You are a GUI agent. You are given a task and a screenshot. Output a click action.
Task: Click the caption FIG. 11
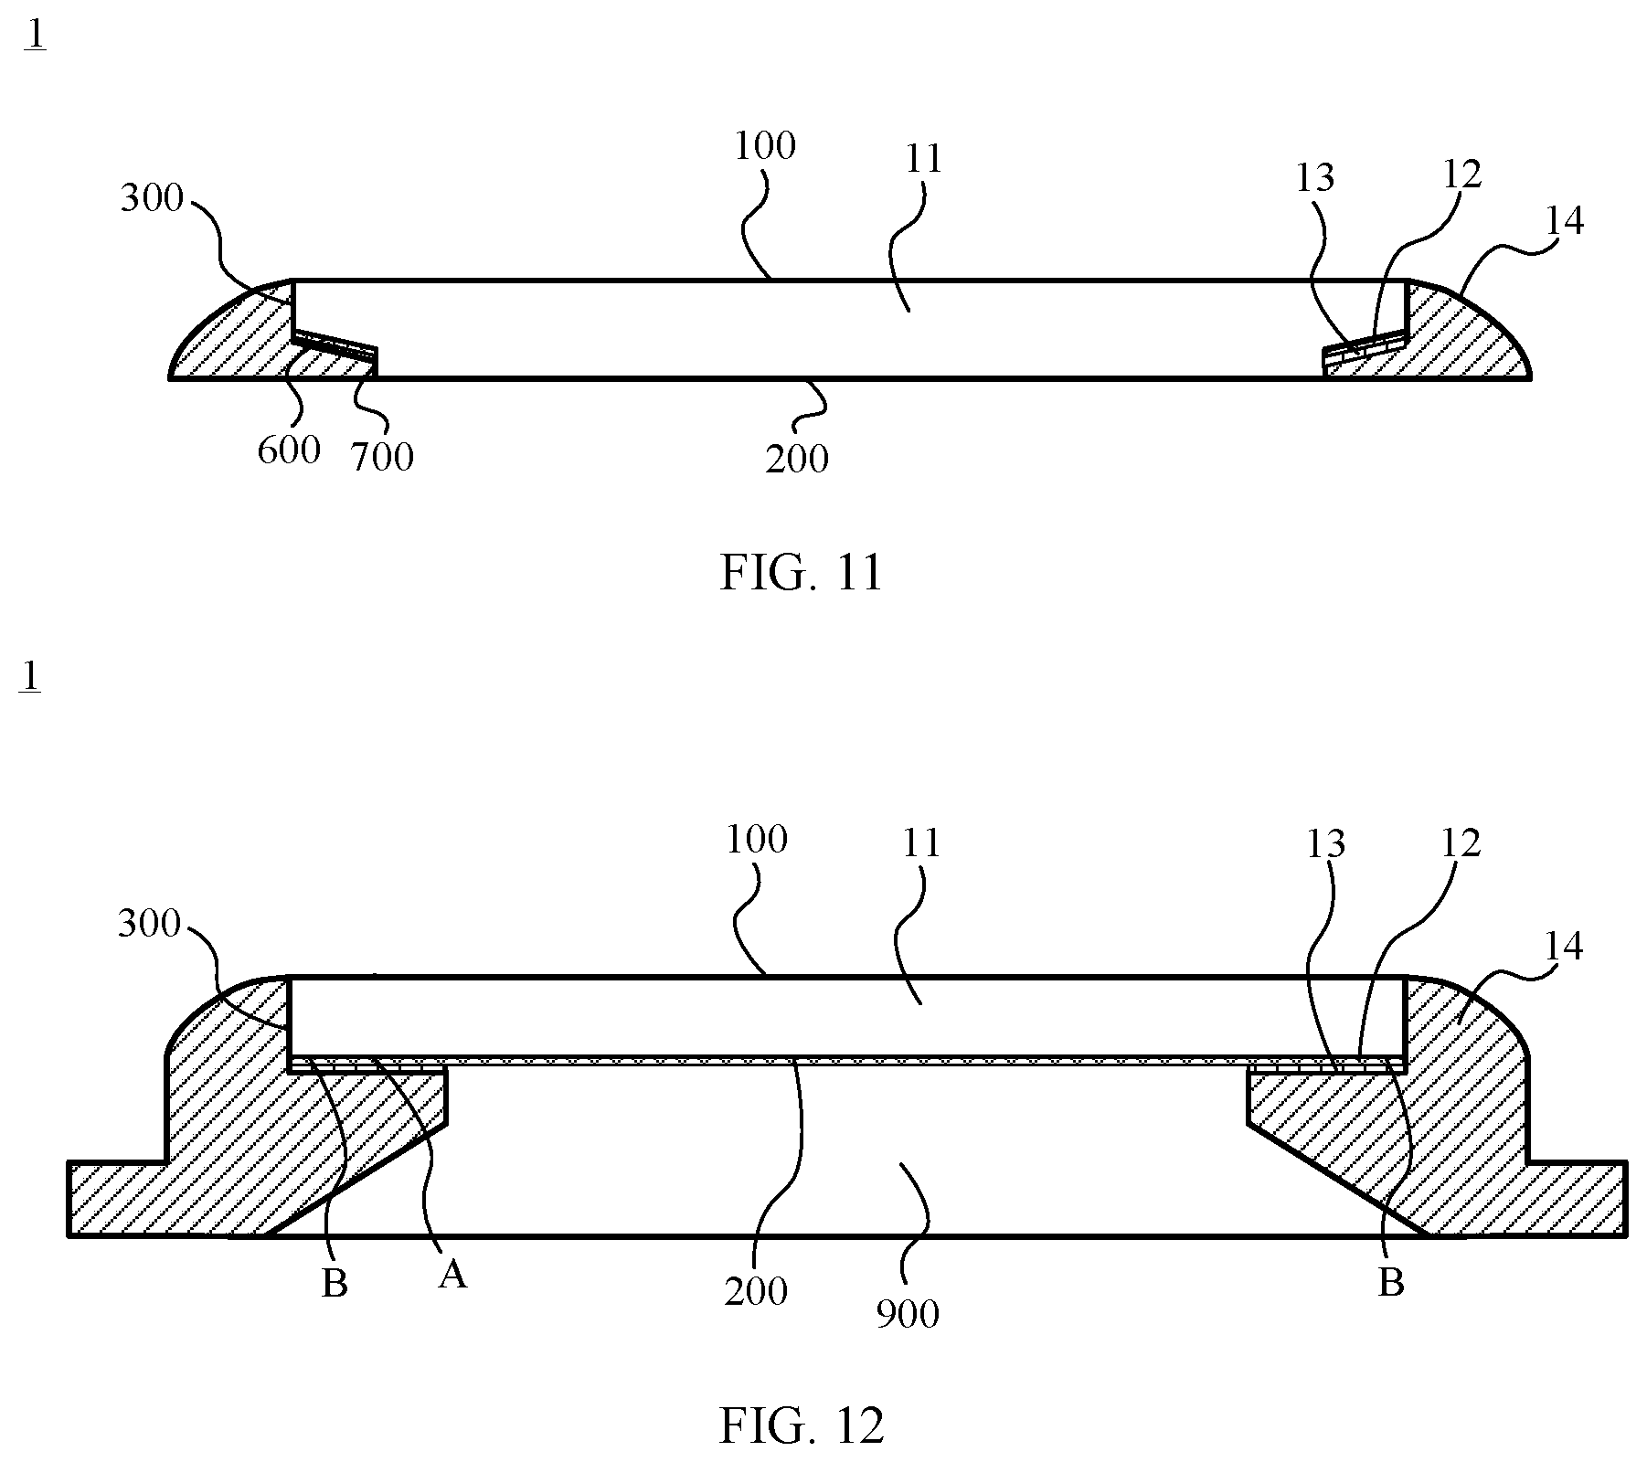pyautogui.click(x=801, y=573)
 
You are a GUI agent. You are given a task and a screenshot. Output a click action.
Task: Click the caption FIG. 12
pyautogui.click(x=802, y=1425)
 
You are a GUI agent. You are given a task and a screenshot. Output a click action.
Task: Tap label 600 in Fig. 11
pyautogui.click(x=289, y=450)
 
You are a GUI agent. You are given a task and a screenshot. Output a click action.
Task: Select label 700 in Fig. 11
pyautogui.click(x=382, y=455)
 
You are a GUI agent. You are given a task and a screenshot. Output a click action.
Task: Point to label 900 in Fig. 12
pyautogui.click(x=908, y=1314)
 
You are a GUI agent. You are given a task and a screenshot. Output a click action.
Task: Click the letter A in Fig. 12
pyautogui.click(x=452, y=1274)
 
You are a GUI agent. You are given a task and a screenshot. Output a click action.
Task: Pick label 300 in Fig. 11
pyautogui.click(x=153, y=197)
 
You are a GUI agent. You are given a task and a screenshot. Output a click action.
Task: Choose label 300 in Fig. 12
pyautogui.click(x=149, y=924)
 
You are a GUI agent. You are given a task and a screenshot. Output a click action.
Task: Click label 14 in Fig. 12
pyautogui.click(x=1563, y=947)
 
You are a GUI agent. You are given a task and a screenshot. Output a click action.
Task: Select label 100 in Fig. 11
pyautogui.click(x=765, y=145)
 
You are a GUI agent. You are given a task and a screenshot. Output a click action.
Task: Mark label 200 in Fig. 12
pyautogui.click(x=757, y=1291)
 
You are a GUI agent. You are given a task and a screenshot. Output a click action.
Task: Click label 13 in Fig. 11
pyautogui.click(x=1315, y=178)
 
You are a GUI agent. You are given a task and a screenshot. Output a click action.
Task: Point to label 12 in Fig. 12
pyautogui.click(x=1461, y=844)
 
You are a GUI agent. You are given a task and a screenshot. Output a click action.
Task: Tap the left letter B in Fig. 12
pyautogui.click(x=335, y=1283)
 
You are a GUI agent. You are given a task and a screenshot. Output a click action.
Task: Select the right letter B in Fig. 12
pyautogui.click(x=1390, y=1283)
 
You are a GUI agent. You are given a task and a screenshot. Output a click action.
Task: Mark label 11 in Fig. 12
pyautogui.click(x=921, y=842)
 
